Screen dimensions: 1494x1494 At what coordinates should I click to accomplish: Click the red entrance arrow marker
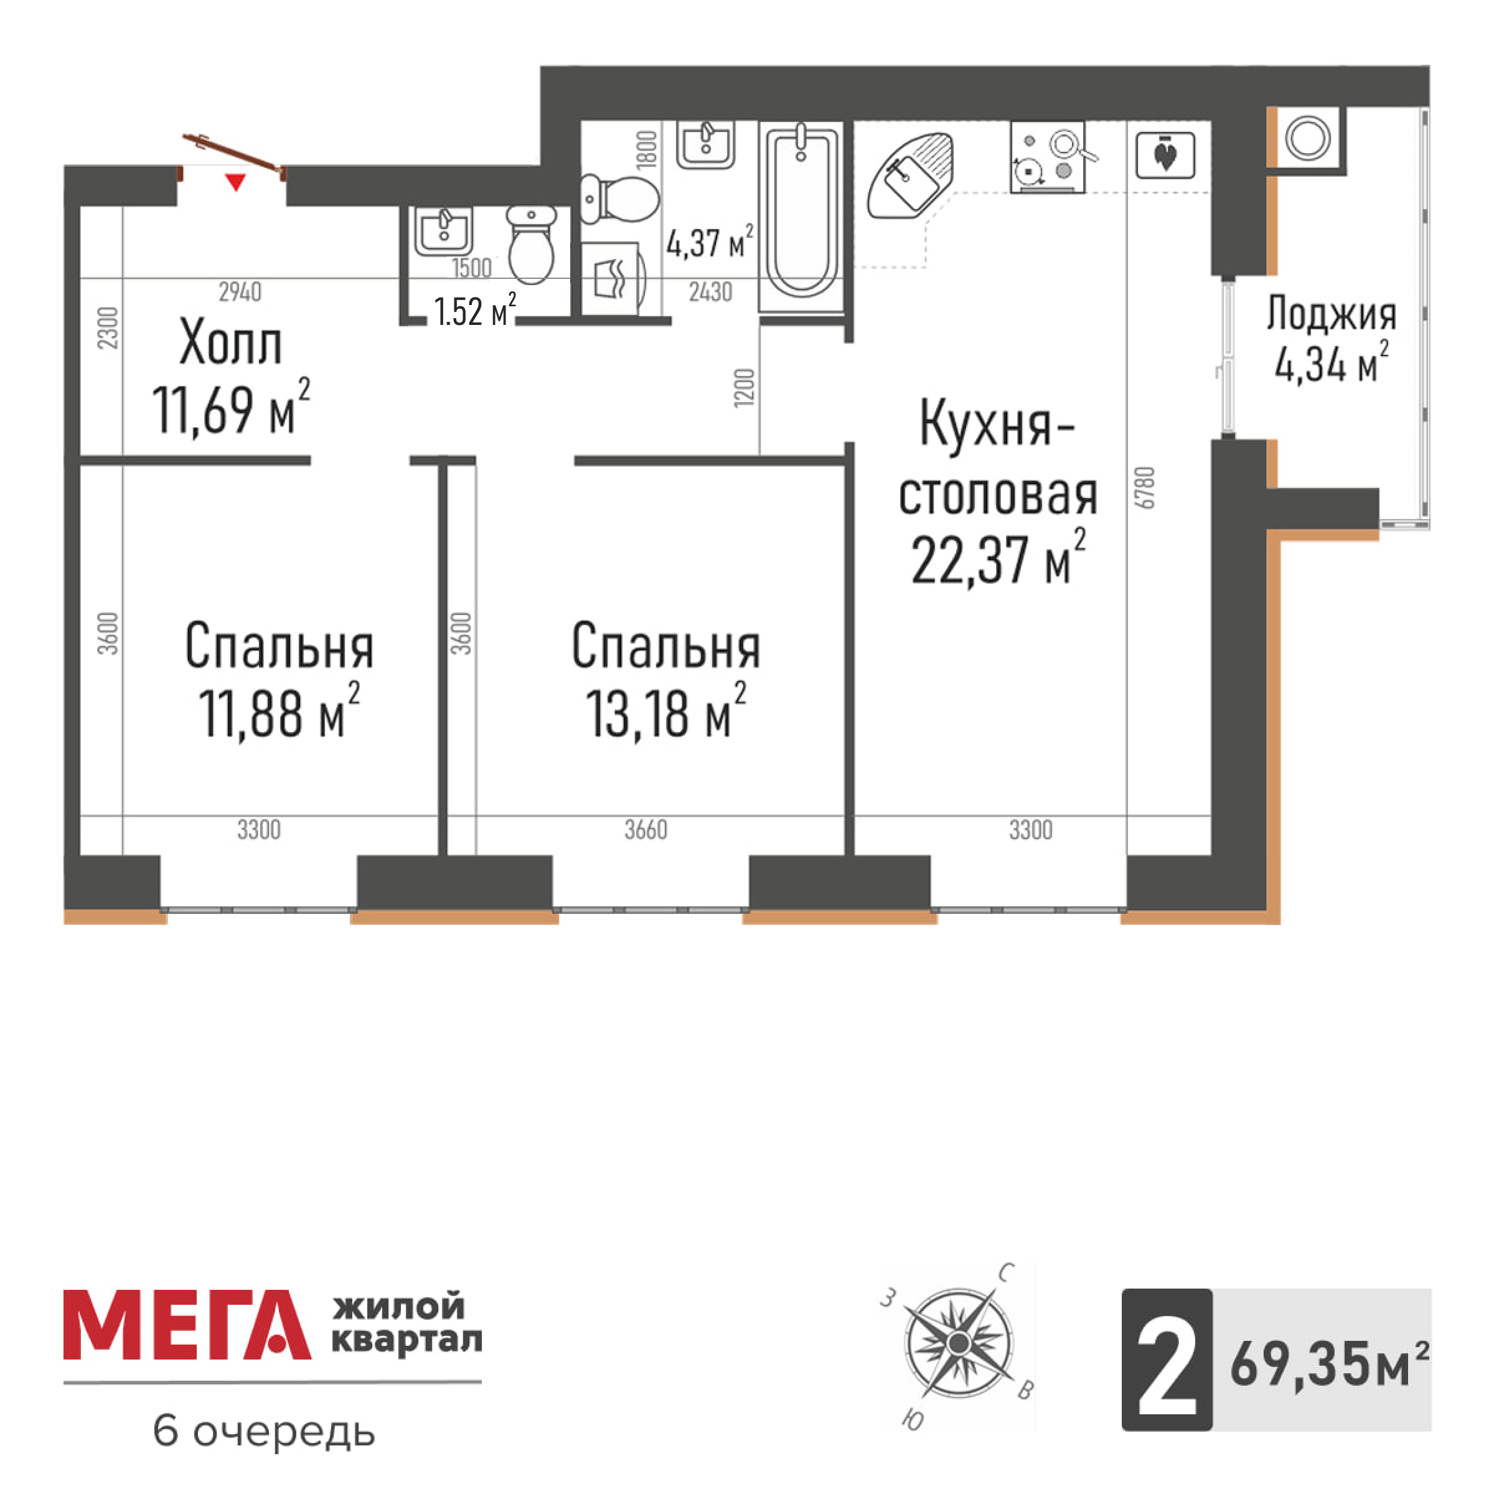pos(235,182)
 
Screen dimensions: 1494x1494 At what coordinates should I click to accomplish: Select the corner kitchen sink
pos(909,176)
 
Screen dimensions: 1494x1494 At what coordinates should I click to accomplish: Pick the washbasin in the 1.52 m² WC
pos(443,230)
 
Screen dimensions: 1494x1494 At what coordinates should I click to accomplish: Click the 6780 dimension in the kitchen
pos(1145,488)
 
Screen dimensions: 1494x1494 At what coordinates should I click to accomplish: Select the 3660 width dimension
pos(646,830)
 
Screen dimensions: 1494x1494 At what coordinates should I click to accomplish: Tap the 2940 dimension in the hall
pos(240,293)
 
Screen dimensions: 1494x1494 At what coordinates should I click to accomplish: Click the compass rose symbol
pos(958,1341)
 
